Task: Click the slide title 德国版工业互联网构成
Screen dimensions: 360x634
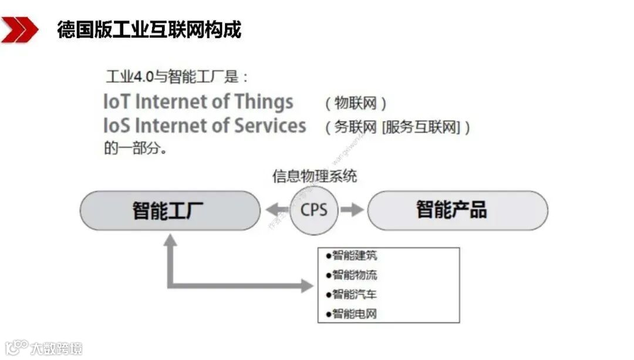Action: tap(149, 29)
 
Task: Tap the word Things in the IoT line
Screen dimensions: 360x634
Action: tap(264, 102)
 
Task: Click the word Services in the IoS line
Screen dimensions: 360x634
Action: tap(270, 126)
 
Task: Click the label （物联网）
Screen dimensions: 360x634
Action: tap(356, 104)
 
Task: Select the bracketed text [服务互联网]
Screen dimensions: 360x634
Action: tap(420, 127)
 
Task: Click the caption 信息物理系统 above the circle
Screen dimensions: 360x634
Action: tap(315, 176)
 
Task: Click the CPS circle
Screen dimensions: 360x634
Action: tap(314, 210)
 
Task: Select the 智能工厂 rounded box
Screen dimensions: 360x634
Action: tap(170, 210)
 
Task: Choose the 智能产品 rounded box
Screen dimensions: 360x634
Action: tap(457, 210)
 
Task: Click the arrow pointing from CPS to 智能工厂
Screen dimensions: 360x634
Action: tap(276, 210)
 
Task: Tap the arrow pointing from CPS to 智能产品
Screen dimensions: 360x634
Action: tap(352, 210)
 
